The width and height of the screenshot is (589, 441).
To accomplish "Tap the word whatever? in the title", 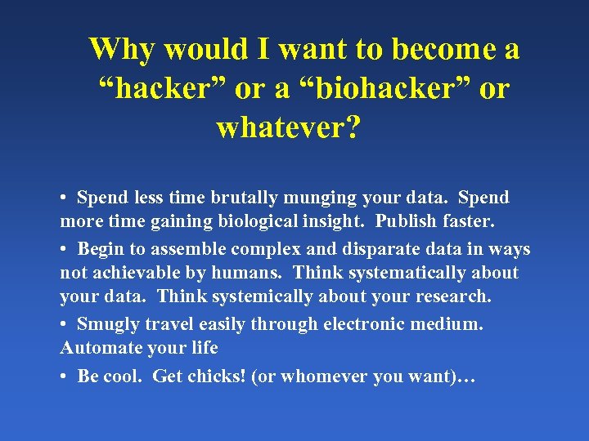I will click(x=287, y=128).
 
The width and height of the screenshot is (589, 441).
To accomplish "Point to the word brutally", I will click(x=242, y=198).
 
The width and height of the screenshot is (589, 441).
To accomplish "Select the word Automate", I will click(x=99, y=348).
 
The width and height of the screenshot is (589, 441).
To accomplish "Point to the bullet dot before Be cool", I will click(x=63, y=376).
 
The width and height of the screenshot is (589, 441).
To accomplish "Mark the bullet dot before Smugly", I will click(x=63, y=324).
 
